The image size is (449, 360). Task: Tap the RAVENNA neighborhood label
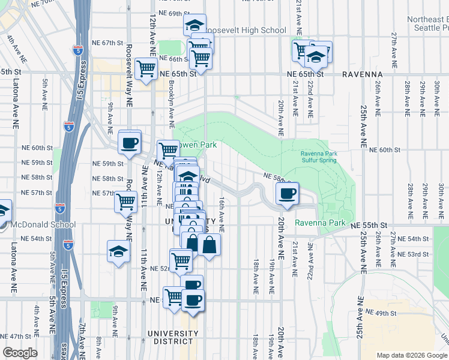362,74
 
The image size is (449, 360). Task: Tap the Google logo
20,353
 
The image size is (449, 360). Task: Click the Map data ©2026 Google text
412,355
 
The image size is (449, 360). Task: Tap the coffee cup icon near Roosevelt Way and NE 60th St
130,143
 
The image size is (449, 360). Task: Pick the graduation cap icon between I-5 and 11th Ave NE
118,251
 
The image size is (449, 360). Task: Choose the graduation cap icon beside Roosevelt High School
194,25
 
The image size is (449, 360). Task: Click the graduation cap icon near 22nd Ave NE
316,57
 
